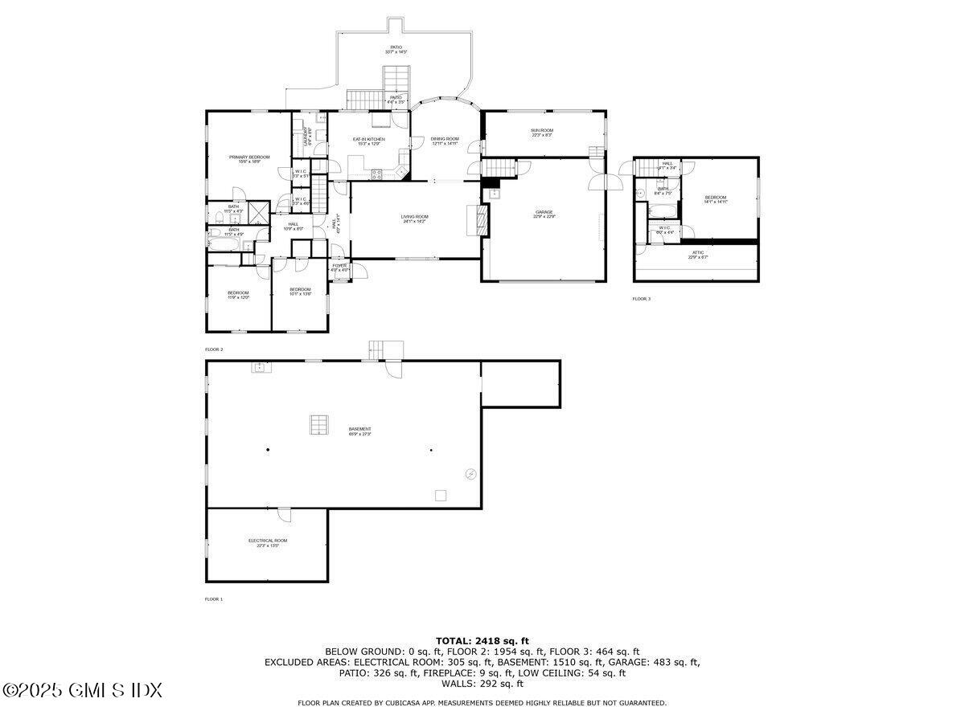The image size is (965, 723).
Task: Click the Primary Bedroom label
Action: click(249, 158)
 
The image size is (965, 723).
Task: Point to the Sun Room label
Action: click(541, 132)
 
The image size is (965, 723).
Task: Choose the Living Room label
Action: click(415, 218)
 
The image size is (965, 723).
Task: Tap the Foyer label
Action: click(340, 267)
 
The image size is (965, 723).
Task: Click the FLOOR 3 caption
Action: click(641, 299)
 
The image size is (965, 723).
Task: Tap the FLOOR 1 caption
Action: click(214, 599)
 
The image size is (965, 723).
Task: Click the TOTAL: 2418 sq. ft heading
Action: click(482, 640)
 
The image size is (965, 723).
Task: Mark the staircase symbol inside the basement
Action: click(318, 425)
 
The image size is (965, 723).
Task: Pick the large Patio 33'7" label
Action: click(396, 49)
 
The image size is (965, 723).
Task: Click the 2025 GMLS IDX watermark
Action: click(82, 690)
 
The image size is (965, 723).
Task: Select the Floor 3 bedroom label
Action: click(715, 198)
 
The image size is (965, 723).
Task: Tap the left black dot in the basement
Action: click(269, 450)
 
